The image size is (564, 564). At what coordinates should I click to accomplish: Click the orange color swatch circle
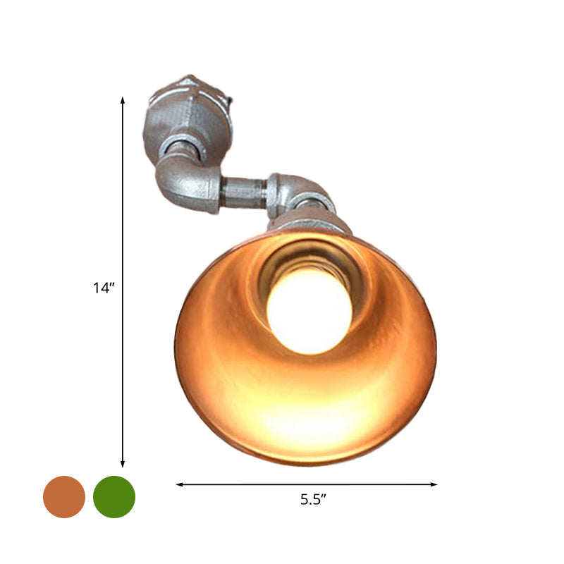tap(64, 497)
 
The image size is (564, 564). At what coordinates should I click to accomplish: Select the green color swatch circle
tap(114, 497)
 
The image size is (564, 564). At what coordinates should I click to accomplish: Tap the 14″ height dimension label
tap(103, 288)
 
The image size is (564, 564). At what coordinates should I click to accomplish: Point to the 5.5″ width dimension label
tap(313, 501)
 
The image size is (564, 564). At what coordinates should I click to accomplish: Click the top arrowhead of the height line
tap(123, 101)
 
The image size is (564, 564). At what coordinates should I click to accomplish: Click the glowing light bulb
tap(309, 310)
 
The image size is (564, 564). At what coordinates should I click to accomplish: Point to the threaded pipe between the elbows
tap(243, 192)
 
